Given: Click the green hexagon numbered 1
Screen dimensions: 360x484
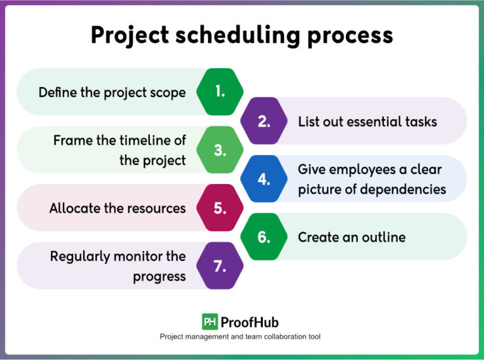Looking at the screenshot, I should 220,92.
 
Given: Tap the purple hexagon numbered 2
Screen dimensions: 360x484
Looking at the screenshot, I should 264,121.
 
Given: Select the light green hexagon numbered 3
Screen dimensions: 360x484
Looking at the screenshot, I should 220,150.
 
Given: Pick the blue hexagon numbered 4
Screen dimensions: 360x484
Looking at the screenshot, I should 264,179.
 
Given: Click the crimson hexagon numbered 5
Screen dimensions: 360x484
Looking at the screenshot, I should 220,208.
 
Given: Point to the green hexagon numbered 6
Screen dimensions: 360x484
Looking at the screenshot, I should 264,237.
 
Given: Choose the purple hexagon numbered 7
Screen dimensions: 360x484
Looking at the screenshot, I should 220,266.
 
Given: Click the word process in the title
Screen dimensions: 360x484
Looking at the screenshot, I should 350,35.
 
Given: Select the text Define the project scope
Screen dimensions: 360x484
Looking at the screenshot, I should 112,93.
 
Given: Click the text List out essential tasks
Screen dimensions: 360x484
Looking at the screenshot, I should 367,122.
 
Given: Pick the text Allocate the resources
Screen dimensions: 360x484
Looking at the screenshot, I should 117,208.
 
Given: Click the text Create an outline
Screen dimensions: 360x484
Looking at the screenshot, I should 352,238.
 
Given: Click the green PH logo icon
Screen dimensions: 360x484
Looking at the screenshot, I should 210,322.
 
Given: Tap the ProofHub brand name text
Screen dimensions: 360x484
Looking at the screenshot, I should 250,322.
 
